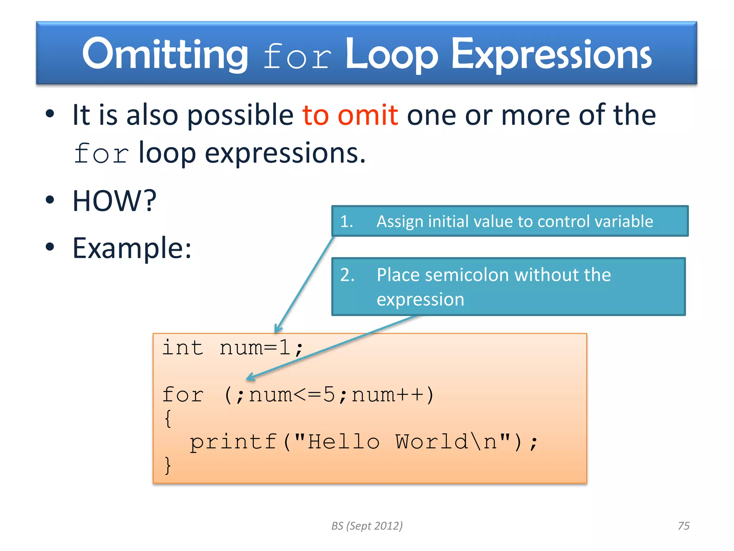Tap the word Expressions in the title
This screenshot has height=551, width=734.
coord(551,55)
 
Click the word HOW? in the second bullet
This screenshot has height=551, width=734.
coord(114,201)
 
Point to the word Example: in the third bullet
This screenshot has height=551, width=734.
coord(132,248)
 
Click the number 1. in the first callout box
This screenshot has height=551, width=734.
coord(347,221)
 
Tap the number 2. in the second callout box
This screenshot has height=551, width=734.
coord(347,275)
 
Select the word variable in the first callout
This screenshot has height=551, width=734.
coord(623,221)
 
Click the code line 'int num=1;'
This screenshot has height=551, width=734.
coord(233,348)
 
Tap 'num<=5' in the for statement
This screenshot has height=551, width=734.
coord(292,395)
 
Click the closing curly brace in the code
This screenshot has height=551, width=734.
coord(168,466)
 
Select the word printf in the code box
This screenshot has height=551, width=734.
coord(233,442)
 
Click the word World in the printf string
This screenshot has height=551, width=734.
coord(432,442)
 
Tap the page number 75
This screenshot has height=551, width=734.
coord(683,526)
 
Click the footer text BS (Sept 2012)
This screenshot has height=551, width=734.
coord(367,526)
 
